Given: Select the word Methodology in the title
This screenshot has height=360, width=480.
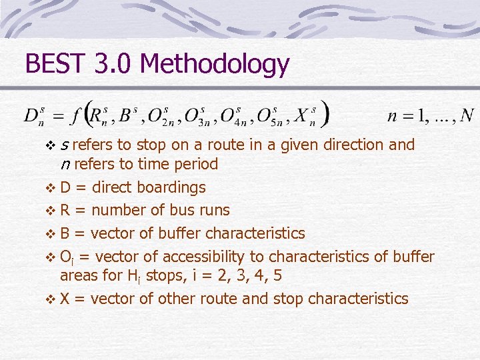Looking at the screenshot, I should point(215,65).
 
